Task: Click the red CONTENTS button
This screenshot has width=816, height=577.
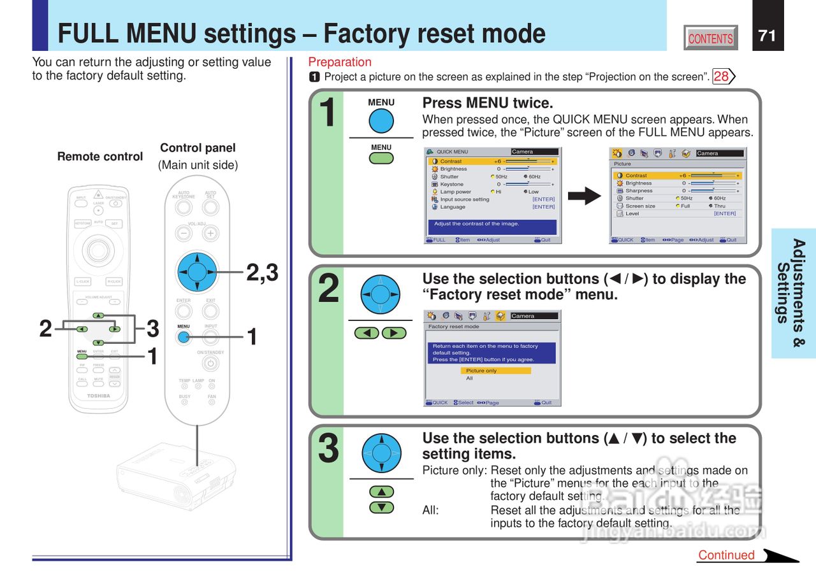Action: [711, 38]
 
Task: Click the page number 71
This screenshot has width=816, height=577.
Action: [768, 36]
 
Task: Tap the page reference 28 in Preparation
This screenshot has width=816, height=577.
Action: [722, 77]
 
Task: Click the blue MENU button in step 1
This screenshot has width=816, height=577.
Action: [381, 121]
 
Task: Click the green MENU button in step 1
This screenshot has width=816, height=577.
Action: [381, 157]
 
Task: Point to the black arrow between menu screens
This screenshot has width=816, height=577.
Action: [584, 196]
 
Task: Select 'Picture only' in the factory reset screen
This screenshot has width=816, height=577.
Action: [495, 371]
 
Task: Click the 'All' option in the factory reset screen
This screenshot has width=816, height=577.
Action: [470, 378]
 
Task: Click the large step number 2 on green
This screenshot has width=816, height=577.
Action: [328, 290]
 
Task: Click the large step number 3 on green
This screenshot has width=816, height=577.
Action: [328, 448]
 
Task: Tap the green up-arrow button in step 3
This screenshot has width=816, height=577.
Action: [381, 492]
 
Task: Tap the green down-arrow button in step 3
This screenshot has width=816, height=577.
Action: [381, 508]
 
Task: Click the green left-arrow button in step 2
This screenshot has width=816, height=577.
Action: [367, 333]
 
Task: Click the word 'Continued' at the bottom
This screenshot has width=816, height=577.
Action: [726, 555]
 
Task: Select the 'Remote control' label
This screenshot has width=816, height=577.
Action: [100, 157]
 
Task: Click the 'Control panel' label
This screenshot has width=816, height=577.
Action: [198, 148]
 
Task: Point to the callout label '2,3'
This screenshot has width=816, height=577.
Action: [262, 273]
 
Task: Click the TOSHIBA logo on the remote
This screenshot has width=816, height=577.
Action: [98, 396]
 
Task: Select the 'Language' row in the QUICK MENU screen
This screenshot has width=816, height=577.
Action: [453, 207]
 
